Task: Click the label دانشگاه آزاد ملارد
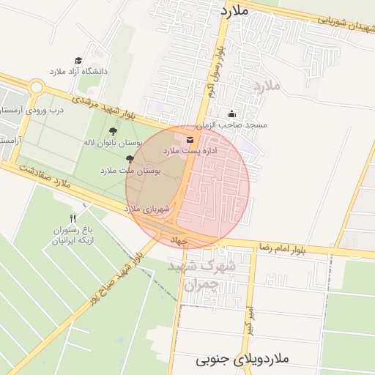click(78, 71)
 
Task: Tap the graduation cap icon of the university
click(78, 60)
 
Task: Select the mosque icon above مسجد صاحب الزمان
click(231, 114)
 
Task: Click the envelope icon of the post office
click(190, 139)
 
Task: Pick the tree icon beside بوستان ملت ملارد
click(130, 159)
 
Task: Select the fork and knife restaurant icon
click(73, 218)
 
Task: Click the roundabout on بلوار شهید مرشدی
click(36, 88)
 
